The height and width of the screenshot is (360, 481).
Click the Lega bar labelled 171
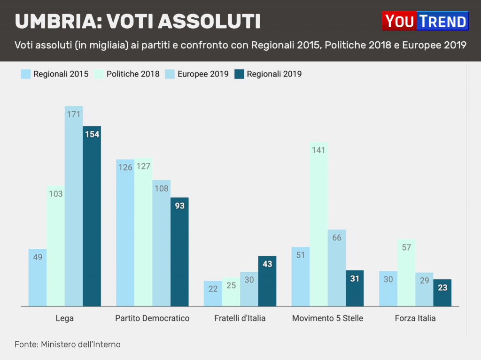[x=74, y=207]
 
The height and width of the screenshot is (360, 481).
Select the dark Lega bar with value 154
[x=92, y=216]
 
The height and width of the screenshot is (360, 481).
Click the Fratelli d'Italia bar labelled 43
[x=267, y=281]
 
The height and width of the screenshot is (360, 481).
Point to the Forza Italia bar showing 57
[x=406, y=273]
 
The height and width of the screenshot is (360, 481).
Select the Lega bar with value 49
[x=38, y=277]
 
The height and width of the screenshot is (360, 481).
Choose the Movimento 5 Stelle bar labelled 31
[x=355, y=288]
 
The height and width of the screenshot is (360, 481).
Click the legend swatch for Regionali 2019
[x=240, y=74]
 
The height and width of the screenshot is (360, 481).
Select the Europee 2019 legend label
[x=203, y=74]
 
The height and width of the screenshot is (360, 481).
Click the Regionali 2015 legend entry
[x=61, y=74]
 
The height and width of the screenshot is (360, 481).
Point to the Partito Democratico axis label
[x=152, y=318]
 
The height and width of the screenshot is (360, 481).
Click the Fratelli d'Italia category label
[x=240, y=318]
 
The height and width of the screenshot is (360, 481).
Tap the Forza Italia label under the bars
[x=415, y=318]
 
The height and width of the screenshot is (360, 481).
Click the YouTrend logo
[x=425, y=21]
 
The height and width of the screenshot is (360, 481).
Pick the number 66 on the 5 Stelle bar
[x=336, y=238]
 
